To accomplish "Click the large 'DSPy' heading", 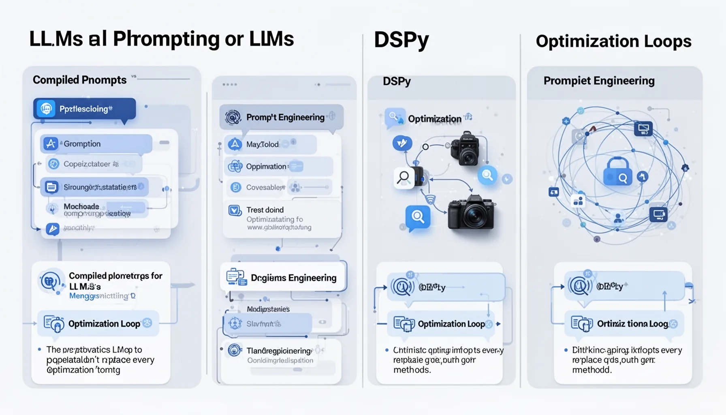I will (401, 40).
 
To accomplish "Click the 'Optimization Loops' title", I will (613, 41).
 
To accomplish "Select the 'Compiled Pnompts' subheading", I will (79, 80).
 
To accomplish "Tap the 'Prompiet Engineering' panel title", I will (598, 81).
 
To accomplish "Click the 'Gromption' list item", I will (82, 144).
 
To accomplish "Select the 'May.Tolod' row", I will (262, 144).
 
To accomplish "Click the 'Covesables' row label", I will (265, 187).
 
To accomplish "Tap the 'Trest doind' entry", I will (265, 210).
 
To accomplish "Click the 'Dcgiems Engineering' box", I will (293, 278).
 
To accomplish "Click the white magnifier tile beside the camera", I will (404, 178).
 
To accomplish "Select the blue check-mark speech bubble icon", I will (402, 143).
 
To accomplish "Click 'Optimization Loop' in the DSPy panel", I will (451, 324).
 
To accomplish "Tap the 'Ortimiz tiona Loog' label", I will (632, 324).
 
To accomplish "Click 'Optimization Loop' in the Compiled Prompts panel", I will (104, 323).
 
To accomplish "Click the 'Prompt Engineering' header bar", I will (285, 118).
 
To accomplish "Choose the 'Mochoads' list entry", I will (81, 207).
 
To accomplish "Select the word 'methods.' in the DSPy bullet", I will (412, 370).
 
